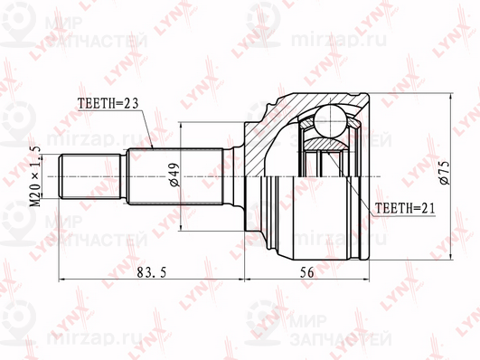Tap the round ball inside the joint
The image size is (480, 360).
[329, 121]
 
